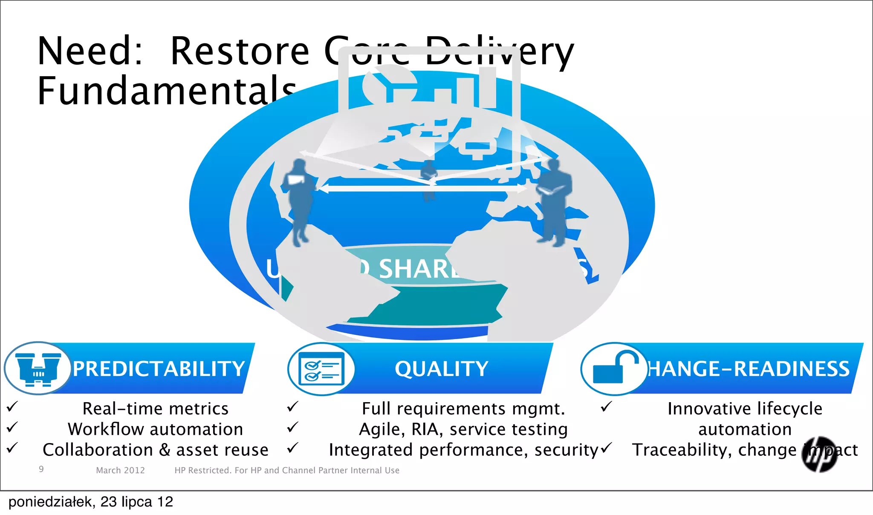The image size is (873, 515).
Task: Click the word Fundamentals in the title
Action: [166, 90]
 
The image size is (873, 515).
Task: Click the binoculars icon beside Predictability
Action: [38, 368]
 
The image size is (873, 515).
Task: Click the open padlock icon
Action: [614, 368]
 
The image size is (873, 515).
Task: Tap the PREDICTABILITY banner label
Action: [159, 369]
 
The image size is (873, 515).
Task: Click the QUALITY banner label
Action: [441, 369]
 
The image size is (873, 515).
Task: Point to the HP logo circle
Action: [819, 454]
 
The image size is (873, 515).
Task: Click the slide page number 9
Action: [41, 469]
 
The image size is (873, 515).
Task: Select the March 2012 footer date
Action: [120, 470]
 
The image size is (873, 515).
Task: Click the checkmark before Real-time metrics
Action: [12, 406]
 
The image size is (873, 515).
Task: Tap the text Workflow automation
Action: [155, 429]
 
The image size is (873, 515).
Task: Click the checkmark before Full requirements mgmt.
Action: [292, 406]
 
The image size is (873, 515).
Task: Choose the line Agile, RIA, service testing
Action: [463, 429]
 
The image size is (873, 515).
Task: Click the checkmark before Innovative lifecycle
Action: [606, 406]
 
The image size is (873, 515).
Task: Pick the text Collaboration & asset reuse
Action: [155, 450]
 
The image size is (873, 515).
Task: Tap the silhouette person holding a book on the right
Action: [553, 200]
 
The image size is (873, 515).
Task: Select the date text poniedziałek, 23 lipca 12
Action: [90, 502]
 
